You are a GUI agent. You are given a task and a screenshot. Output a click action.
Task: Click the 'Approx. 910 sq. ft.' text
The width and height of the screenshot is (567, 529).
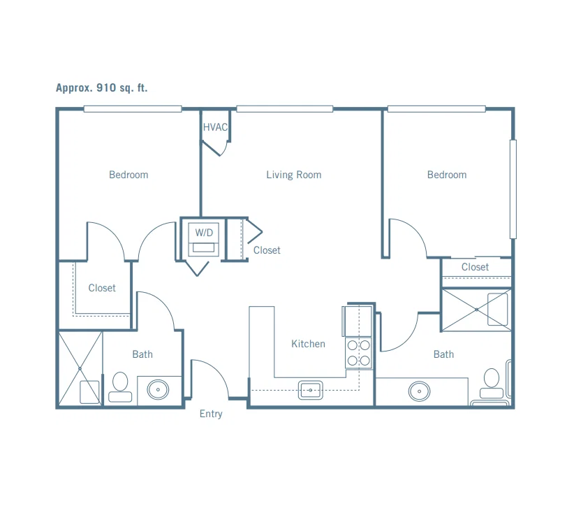(x=102, y=88)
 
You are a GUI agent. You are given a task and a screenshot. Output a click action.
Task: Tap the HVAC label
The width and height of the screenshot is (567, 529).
(x=215, y=127)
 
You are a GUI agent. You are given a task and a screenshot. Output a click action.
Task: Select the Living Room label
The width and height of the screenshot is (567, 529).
(x=293, y=175)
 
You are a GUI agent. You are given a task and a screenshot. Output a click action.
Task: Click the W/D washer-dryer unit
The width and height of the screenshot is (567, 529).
(x=204, y=240)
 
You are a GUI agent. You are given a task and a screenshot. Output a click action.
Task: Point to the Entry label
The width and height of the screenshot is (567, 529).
(x=211, y=414)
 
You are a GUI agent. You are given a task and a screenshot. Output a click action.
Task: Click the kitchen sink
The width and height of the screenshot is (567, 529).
(x=310, y=390)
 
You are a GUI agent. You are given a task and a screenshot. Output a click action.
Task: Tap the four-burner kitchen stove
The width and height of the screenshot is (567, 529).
(x=358, y=353)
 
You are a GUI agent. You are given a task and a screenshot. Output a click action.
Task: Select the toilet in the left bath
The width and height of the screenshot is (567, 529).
(x=120, y=387)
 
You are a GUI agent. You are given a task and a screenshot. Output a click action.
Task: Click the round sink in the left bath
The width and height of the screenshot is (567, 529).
(x=158, y=390)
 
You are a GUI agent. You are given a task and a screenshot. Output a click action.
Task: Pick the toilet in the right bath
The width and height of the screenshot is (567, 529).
(x=492, y=383)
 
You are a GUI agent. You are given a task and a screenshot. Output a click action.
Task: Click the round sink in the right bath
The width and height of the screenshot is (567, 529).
(x=419, y=391)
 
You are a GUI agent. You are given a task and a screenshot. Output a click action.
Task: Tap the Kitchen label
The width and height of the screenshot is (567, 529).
(x=308, y=344)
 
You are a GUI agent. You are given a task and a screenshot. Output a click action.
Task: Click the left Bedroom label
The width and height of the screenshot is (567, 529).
(x=128, y=175)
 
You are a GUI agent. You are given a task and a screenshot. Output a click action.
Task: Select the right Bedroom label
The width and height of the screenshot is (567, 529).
(x=447, y=175)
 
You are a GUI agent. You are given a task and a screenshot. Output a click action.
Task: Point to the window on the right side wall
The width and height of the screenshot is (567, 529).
(x=513, y=189)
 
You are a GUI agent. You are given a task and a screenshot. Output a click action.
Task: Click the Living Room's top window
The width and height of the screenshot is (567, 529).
(x=285, y=108)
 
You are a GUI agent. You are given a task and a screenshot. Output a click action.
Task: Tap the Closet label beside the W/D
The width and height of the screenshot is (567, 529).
(x=267, y=250)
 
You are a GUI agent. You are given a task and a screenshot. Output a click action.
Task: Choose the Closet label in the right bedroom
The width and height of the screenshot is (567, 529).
(x=475, y=267)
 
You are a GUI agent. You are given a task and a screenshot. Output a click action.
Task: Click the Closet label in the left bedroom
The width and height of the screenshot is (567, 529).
(x=102, y=288)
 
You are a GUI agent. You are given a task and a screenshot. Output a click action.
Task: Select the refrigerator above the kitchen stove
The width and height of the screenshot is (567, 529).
(x=357, y=321)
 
